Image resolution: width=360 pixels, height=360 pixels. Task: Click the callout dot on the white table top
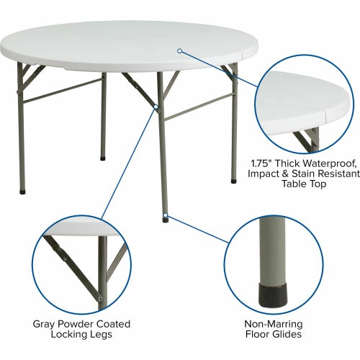[180, 50]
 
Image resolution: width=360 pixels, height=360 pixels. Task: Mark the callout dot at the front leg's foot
[166, 214]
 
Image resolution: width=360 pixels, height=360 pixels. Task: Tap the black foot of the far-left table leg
[21, 192]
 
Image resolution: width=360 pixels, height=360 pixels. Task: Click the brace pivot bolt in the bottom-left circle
[66, 254]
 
